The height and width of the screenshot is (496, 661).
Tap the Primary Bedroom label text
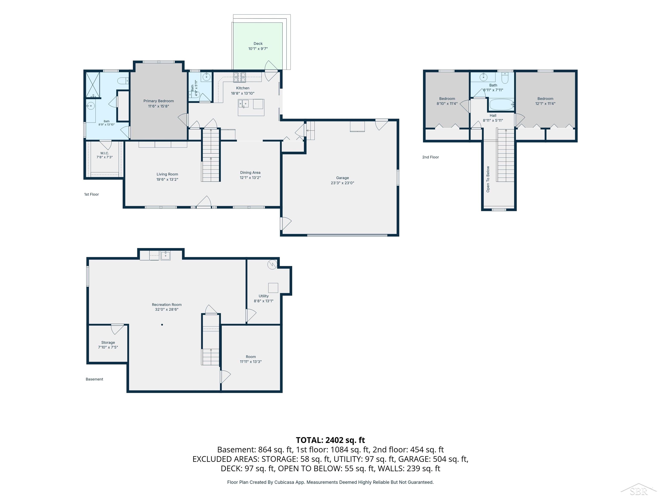158,101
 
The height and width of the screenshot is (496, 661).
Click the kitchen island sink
244,104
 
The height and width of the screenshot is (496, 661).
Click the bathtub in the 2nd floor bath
501,105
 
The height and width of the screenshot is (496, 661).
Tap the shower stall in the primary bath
93,85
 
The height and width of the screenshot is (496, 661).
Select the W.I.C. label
105,153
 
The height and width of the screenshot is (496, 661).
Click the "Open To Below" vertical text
488,179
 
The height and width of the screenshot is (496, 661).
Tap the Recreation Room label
167,305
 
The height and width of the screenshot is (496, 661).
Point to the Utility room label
264,296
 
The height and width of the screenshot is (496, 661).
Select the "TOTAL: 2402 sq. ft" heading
330,440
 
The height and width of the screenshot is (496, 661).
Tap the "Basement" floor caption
94,379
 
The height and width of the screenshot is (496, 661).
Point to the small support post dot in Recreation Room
162,325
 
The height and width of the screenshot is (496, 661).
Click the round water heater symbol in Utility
272,265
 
